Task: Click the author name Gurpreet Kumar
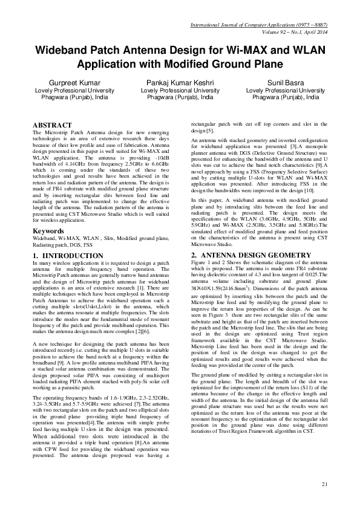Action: (x=67, y=83)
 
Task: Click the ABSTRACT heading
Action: (x=52, y=125)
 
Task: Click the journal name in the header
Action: (x=258, y=24)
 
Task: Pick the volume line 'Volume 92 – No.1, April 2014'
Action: (x=288, y=31)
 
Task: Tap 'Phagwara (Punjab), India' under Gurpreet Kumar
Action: (x=67, y=97)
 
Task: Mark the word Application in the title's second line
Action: (x=108, y=64)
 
